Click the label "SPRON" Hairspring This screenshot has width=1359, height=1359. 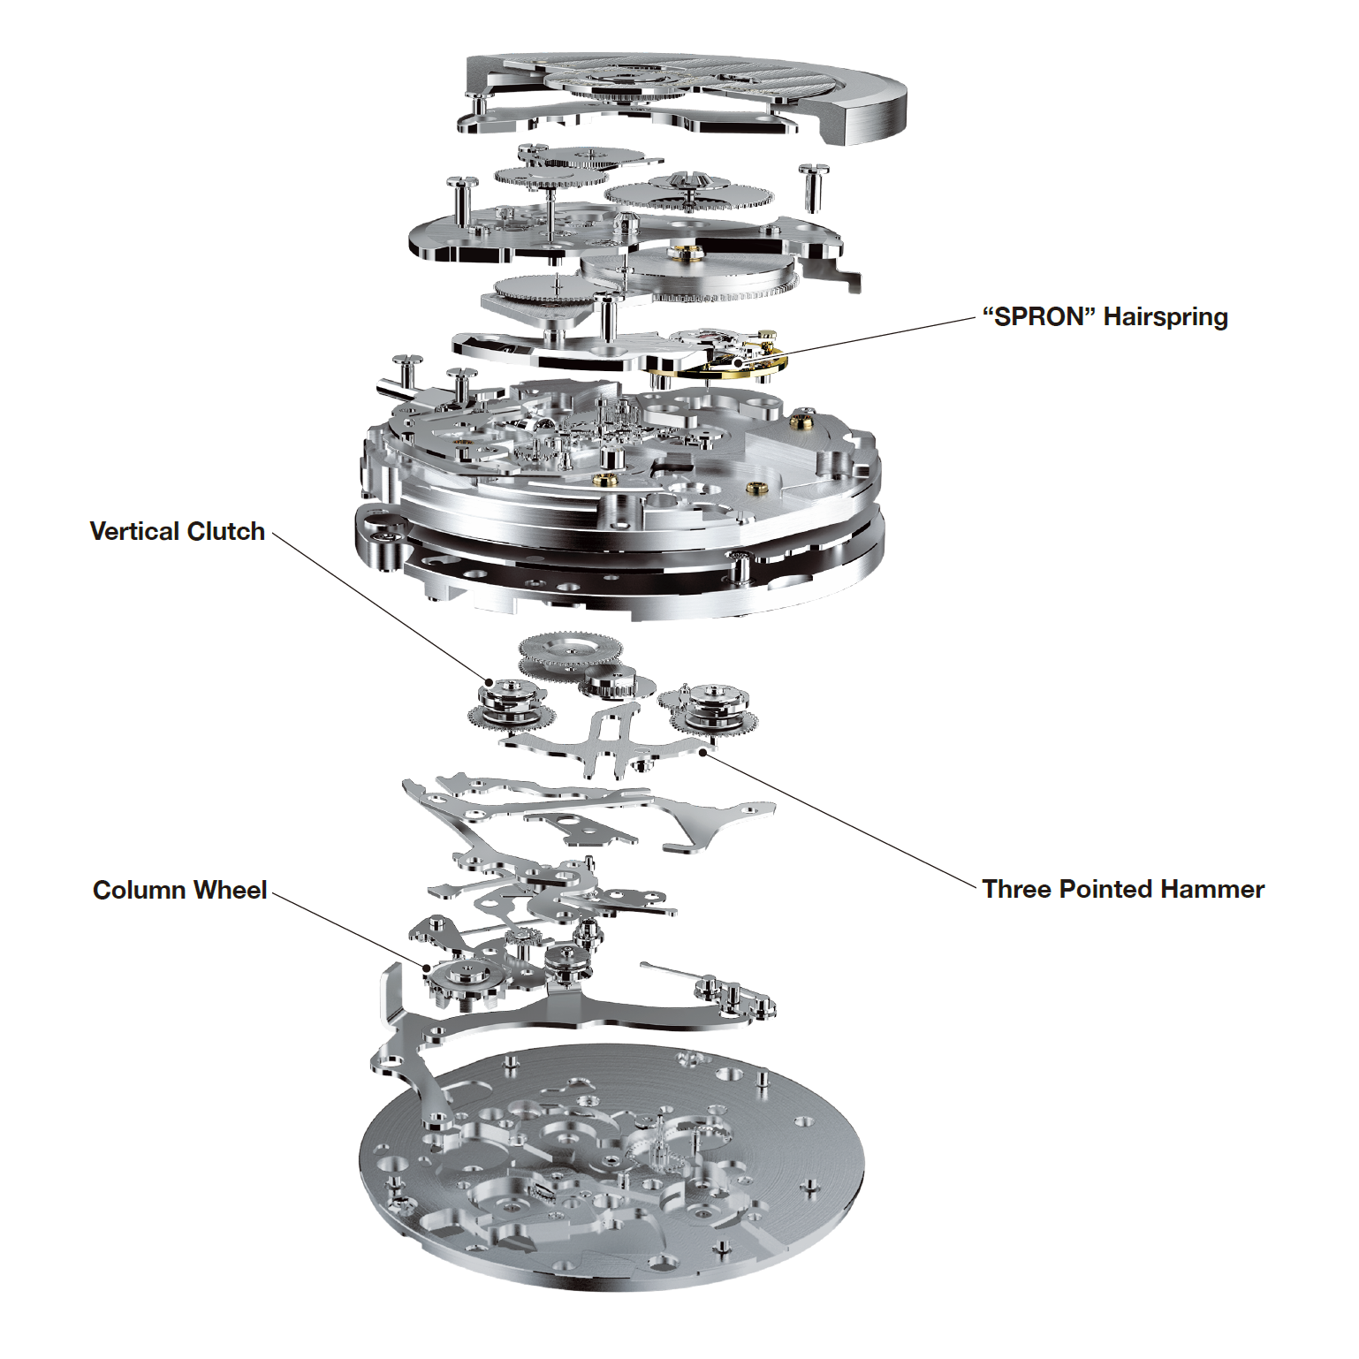[x=1105, y=316]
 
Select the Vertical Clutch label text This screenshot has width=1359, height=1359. [x=178, y=531]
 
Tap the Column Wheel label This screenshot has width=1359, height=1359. [x=179, y=890]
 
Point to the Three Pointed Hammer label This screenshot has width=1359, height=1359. [x=1122, y=889]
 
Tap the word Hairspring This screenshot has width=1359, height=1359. [x=1165, y=316]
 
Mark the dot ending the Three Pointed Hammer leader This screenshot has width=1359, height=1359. [x=703, y=752]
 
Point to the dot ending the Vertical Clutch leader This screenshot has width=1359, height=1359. [x=489, y=682]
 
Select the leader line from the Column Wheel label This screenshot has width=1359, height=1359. [x=353, y=930]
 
